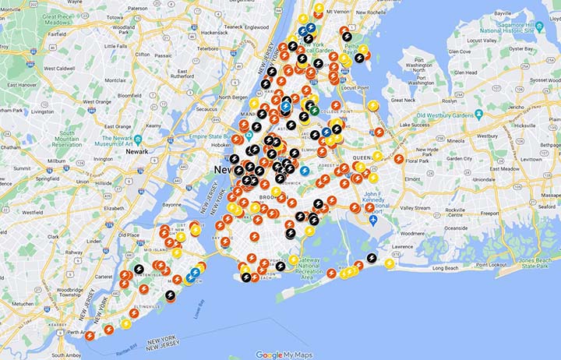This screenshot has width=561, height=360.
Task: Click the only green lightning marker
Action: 314,110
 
